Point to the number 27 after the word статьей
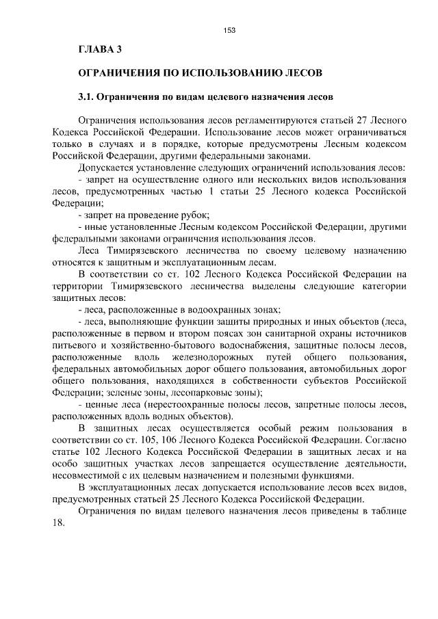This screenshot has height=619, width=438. (x=365, y=120)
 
